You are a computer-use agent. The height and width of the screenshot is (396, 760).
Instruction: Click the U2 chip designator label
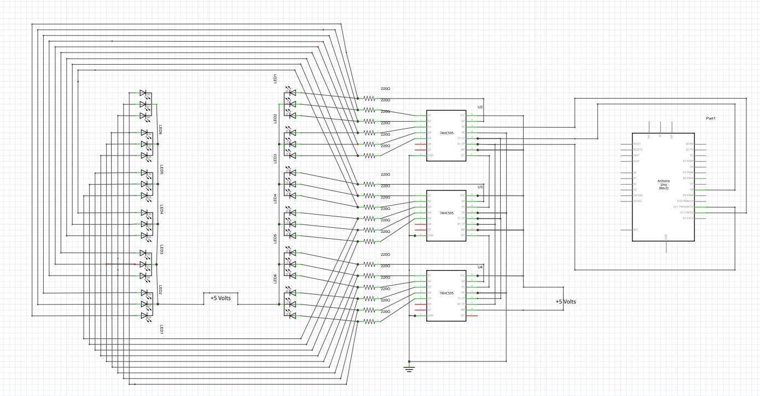(480, 107)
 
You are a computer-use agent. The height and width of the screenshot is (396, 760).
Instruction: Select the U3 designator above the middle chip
(480, 187)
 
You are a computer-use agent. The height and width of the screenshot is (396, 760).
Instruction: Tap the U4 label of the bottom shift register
(480, 267)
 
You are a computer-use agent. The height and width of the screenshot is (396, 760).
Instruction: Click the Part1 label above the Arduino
(710, 118)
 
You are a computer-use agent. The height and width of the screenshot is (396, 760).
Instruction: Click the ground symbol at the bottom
(408, 368)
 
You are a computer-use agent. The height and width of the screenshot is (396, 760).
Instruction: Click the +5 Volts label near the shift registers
(565, 302)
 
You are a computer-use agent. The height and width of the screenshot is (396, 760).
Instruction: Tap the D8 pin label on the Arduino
(691, 190)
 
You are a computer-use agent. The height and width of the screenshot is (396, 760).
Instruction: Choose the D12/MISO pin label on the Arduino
(687, 213)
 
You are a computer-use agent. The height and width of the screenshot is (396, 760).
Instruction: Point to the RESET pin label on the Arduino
(637, 144)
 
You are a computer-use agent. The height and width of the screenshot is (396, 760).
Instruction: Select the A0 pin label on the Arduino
(635, 173)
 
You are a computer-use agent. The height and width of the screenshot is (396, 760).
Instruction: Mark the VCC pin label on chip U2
(462, 115)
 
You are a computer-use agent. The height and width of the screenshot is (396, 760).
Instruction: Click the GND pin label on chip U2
(431, 155)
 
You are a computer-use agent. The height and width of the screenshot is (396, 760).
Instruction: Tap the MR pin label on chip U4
(462, 309)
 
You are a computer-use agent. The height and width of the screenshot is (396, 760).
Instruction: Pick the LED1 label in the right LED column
(275, 78)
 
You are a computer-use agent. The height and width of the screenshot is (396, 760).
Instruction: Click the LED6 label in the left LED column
(161, 129)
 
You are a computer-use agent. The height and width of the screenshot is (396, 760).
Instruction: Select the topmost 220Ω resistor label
(385, 88)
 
